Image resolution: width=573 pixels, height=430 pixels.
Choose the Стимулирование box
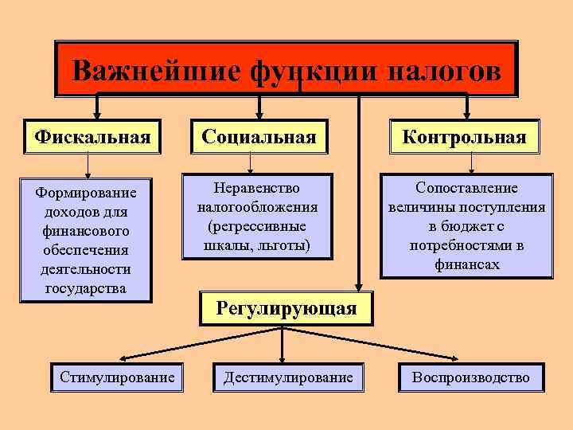(117, 377)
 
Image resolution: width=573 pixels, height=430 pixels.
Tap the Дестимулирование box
(287, 377)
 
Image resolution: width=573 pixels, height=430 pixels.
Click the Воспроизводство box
(470, 377)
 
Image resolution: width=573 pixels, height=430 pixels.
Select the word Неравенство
(257, 188)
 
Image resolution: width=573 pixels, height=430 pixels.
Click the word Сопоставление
(466, 188)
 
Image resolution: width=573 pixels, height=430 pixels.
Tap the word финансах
(466, 264)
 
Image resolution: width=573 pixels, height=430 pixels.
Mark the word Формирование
(87, 193)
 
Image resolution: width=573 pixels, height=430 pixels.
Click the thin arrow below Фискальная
(88, 164)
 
